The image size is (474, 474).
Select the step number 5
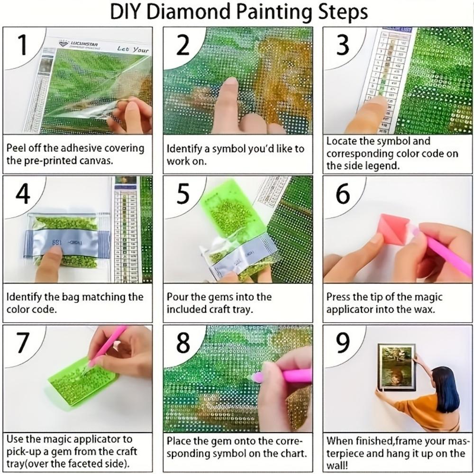pyautogui.click(x=183, y=194)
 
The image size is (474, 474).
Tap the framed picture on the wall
pyautogui.click(x=396, y=367)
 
